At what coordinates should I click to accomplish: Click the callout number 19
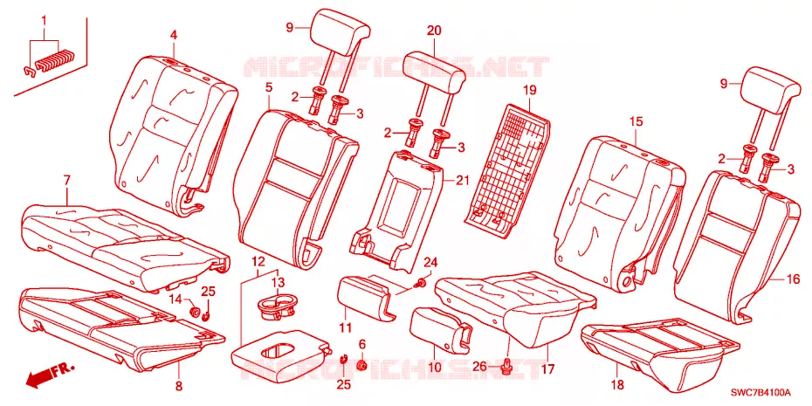528,91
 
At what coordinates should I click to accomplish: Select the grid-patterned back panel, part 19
506,166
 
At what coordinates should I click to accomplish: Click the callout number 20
434,31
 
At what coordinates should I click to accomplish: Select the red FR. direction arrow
51,375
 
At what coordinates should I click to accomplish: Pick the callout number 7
67,181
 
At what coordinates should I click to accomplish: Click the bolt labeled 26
506,367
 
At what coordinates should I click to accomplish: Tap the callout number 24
430,263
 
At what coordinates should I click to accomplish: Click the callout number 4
174,36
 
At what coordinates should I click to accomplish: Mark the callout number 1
44,21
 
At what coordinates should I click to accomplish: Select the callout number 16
794,280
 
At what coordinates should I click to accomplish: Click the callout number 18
617,385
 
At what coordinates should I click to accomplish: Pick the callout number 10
434,368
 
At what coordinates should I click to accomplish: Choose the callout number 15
636,121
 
